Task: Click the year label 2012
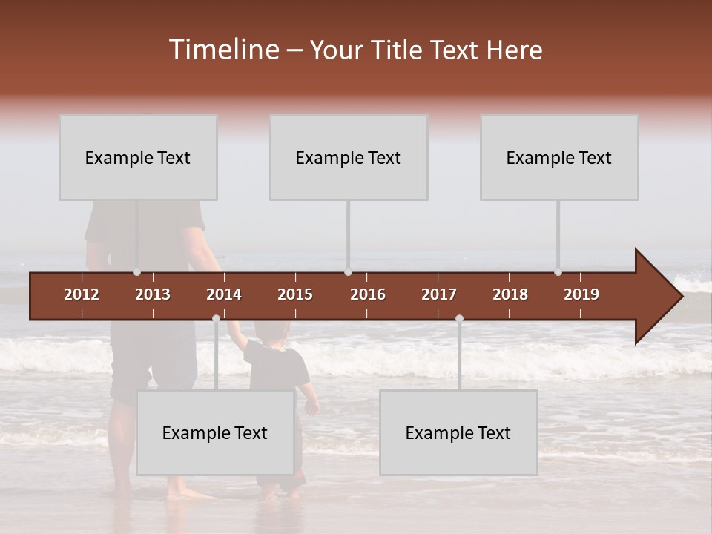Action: coord(82,294)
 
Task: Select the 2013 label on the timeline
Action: coord(153,294)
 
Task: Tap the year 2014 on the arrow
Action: coord(224,294)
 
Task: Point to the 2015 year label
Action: coord(295,294)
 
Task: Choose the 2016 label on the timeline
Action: coord(368,294)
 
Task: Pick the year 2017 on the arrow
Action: coord(439,294)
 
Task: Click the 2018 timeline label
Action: coord(510,294)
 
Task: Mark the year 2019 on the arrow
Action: coord(581,294)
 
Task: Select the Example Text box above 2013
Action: coord(138,157)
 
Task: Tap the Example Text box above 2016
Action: coord(349,157)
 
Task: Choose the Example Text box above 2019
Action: coord(559,157)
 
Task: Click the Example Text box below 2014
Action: coord(215,432)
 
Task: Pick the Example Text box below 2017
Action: coord(458,432)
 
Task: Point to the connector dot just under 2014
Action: coord(216,319)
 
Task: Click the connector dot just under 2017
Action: coord(459,319)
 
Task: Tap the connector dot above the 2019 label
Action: coord(558,272)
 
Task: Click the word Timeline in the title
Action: coord(222,50)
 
